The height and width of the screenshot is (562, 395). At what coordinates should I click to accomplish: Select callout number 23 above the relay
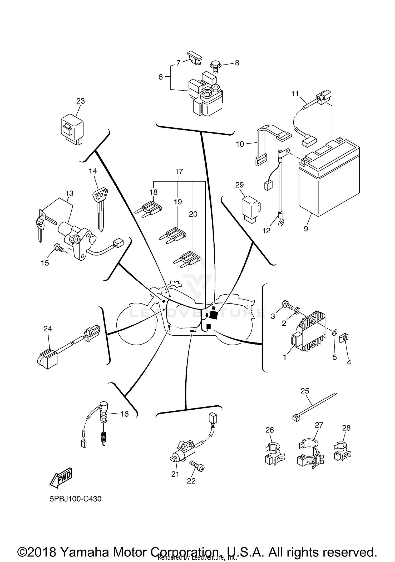pyautogui.click(x=80, y=101)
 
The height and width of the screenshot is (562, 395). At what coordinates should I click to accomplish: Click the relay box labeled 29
pyautogui.click(x=251, y=209)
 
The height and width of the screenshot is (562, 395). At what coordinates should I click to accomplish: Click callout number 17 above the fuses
pyautogui.click(x=179, y=172)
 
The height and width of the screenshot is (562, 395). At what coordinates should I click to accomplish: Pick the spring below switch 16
pyautogui.click(x=103, y=438)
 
